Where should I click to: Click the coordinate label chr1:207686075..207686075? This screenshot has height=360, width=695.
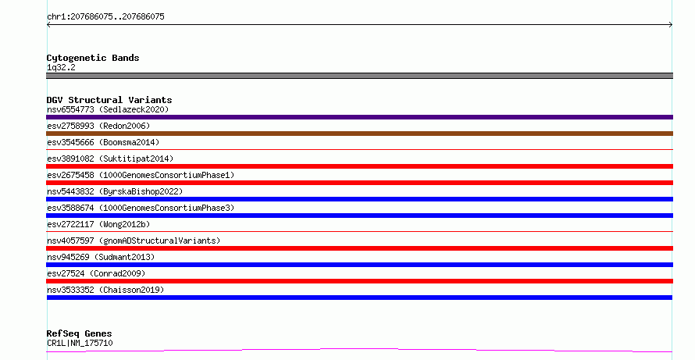(x=105, y=17)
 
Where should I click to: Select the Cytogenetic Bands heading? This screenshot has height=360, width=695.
(x=93, y=58)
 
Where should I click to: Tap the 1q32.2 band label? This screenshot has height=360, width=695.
(x=61, y=68)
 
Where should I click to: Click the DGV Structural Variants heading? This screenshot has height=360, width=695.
(x=109, y=100)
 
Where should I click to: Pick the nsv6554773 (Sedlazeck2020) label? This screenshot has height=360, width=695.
(x=108, y=109)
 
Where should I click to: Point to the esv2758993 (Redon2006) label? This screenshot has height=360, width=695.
(x=98, y=126)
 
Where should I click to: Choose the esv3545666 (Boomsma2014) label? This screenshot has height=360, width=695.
(x=103, y=142)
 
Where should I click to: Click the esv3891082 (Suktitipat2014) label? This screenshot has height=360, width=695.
(x=110, y=159)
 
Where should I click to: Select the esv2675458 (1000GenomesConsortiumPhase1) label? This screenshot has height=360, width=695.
(x=141, y=175)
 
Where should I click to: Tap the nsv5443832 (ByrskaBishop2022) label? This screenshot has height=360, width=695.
(x=115, y=191)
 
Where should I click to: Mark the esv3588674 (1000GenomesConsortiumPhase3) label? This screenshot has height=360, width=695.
(x=141, y=208)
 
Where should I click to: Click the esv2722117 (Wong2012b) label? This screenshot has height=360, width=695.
(x=98, y=224)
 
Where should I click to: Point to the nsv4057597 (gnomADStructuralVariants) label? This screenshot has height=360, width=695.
(x=134, y=241)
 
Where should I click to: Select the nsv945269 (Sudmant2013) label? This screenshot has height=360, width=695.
(x=101, y=257)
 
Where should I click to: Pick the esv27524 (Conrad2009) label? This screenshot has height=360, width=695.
(x=96, y=273)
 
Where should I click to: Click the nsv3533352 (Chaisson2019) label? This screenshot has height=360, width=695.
(x=105, y=290)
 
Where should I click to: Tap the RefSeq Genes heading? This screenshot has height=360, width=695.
(x=80, y=334)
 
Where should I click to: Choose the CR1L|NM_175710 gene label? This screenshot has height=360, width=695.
(x=80, y=343)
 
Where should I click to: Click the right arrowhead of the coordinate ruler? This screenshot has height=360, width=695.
(x=672, y=25)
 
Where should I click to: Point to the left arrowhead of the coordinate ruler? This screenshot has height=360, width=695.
(x=48, y=25)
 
